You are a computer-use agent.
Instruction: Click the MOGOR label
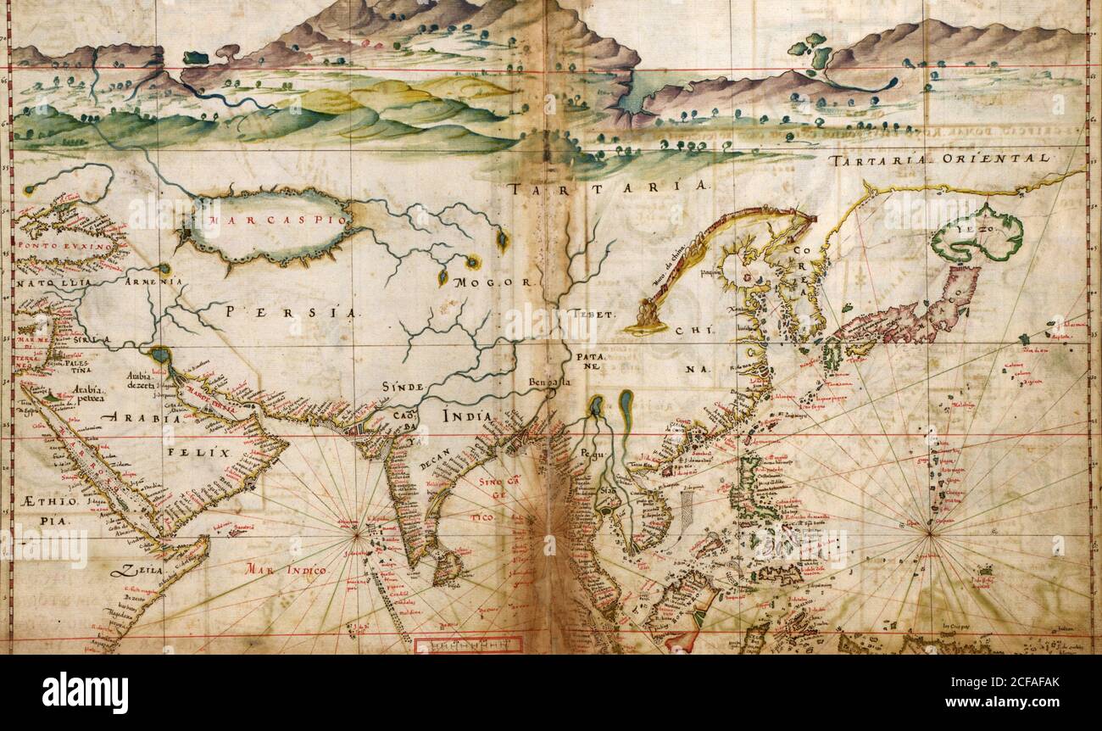pyautogui.click(x=492, y=282)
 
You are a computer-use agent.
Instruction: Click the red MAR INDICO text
pyautogui.click(x=286, y=571)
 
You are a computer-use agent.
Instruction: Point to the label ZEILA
pyautogui.click(x=141, y=571)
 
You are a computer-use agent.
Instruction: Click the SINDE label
pyautogui.click(x=402, y=387)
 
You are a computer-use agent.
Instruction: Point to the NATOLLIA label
pyautogui.click(x=53, y=282)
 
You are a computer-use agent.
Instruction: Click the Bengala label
pyautogui.click(x=550, y=382)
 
